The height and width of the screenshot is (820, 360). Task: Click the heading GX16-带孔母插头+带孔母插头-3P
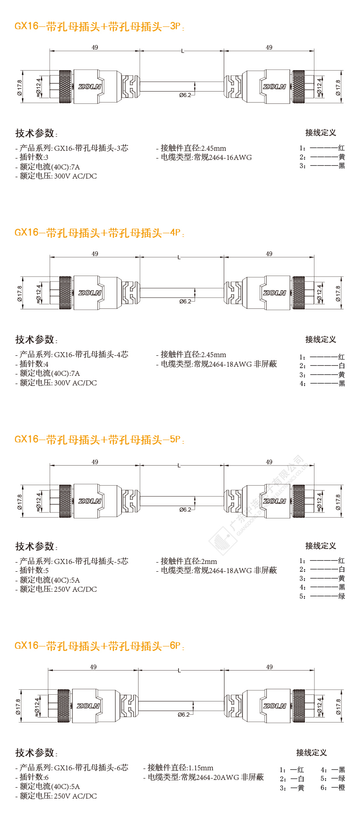click(99, 26)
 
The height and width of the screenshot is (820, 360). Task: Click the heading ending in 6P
click(99, 646)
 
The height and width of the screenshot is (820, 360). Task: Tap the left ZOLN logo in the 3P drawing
click(89, 87)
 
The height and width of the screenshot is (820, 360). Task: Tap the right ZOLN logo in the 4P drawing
click(274, 293)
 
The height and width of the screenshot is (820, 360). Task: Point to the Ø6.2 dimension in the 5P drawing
click(185, 510)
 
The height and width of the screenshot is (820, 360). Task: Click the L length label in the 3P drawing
click(182, 51)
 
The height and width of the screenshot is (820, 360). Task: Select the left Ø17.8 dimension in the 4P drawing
click(20, 293)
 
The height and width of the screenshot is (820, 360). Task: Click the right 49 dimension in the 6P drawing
click(269, 667)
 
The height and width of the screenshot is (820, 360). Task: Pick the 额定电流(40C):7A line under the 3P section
click(50, 167)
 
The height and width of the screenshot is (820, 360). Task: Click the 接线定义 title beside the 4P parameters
click(320, 339)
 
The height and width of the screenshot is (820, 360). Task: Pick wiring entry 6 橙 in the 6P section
click(333, 788)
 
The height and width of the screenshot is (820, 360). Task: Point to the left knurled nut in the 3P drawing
click(65, 87)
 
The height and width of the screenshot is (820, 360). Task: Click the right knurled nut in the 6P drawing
click(298, 706)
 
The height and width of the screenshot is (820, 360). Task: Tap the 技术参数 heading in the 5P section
click(35, 546)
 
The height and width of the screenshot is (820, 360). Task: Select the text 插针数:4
click(34, 364)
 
